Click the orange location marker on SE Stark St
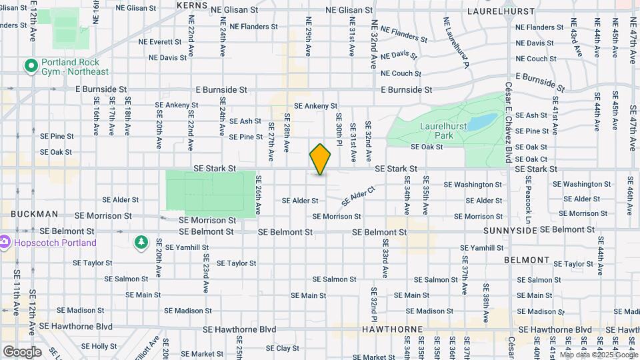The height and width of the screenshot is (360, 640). pos(320,159)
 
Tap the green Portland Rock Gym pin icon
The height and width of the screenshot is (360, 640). pos(30,66)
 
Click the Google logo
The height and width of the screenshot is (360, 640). pos(21,351)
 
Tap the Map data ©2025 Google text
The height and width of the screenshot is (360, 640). pos(598,355)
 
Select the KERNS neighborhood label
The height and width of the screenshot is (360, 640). pos(193,5)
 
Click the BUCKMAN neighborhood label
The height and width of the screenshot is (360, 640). pos(34,214)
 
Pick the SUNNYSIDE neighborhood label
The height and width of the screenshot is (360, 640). pos(509,230)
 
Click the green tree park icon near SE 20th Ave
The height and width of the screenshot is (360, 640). pos(141,241)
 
